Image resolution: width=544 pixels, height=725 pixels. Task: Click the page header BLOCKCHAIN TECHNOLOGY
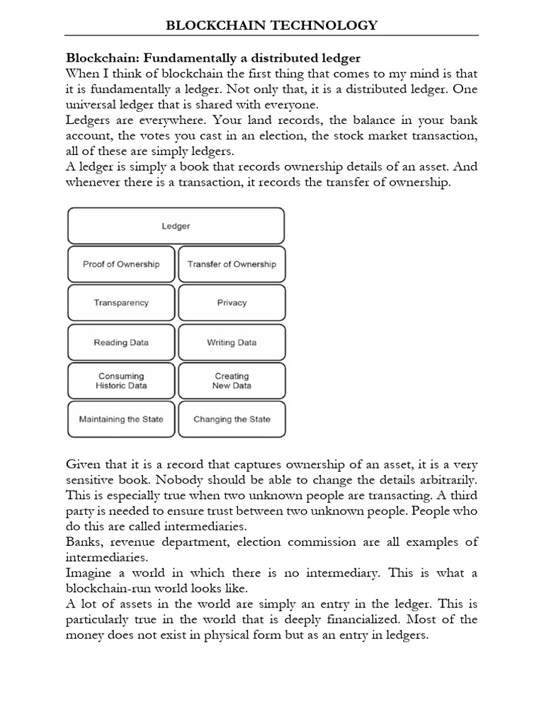pos(271,25)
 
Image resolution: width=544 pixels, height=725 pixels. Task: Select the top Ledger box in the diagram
pos(176,226)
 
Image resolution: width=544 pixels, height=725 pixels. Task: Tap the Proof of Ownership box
pos(120,264)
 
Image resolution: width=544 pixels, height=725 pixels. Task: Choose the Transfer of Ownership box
pos(232,264)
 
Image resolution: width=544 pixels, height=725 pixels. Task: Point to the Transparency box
pos(120,302)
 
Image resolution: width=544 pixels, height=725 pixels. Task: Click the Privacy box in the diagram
pos(232,302)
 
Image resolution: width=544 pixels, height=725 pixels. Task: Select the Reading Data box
pos(120,342)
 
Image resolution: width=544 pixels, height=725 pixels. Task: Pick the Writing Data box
pos(232,342)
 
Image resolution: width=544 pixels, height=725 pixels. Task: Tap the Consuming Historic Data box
pos(120,381)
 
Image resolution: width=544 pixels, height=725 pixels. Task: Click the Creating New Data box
pos(232,381)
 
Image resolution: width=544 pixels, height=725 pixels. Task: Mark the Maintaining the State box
pos(120,419)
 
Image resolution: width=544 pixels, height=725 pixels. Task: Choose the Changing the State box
pos(232,419)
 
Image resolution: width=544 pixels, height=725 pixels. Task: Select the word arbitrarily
pos(445,479)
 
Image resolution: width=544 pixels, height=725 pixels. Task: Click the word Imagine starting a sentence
pos(91,573)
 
